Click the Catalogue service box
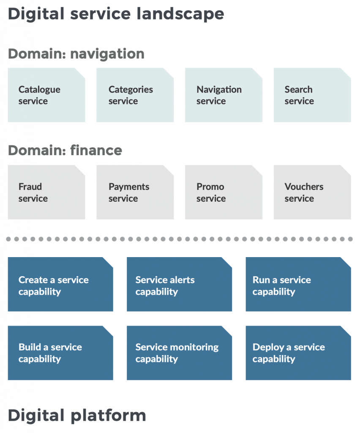(x=46, y=95)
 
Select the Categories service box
(x=135, y=95)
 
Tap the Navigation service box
(x=224, y=95)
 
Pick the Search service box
(x=312, y=95)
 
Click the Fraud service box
(x=46, y=192)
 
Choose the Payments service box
(x=135, y=192)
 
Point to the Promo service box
(x=224, y=192)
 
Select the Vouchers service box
(x=312, y=192)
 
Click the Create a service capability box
(x=60, y=285)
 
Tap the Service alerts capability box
(x=179, y=285)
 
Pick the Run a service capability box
(x=298, y=285)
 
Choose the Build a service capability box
(x=60, y=353)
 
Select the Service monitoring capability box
(x=179, y=353)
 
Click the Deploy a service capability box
(x=298, y=353)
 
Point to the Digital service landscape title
(x=116, y=14)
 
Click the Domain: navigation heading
(x=76, y=54)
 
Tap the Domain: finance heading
(x=65, y=150)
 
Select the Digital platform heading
(x=77, y=416)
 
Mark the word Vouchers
(x=304, y=186)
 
